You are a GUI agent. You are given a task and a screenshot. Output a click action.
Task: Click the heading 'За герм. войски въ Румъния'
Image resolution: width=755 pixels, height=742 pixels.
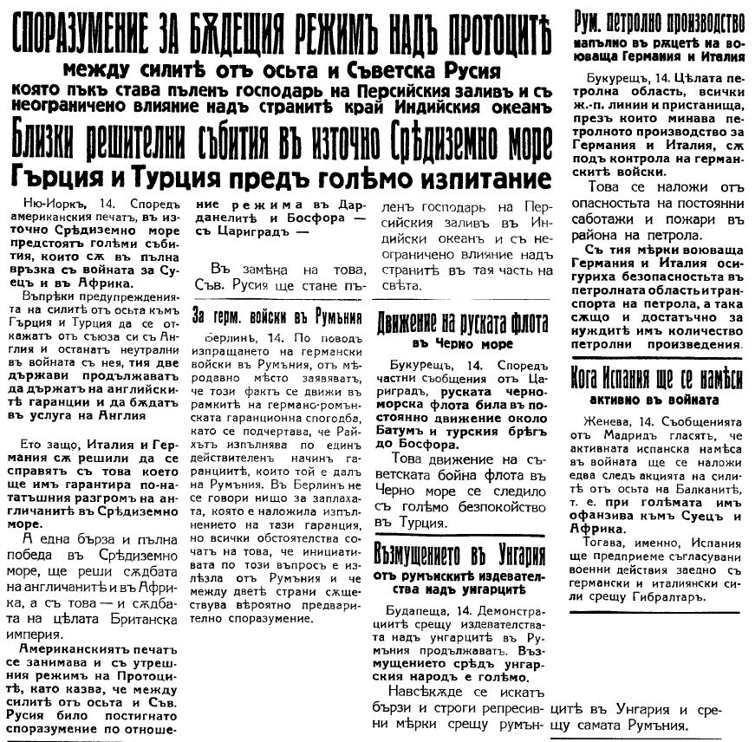click(276, 316)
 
